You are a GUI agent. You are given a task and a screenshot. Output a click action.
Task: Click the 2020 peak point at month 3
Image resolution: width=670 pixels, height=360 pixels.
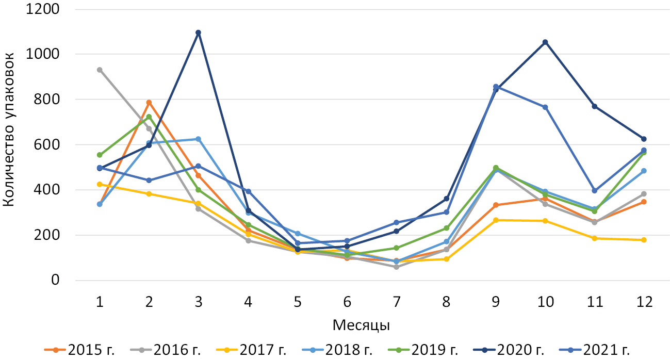pyautogui.click(x=198, y=32)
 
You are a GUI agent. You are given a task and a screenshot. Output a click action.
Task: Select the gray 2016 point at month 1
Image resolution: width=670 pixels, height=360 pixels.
pyautogui.click(x=100, y=70)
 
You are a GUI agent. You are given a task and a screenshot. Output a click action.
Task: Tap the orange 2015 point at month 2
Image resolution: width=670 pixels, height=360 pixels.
pyautogui.click(x=149, y=103)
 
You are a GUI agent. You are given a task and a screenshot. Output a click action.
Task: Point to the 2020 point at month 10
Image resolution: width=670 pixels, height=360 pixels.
pyautogui.click(x=545, y=42)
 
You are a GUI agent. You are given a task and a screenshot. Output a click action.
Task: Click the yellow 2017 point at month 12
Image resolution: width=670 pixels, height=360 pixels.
pyautogui.click(x=644, y=240)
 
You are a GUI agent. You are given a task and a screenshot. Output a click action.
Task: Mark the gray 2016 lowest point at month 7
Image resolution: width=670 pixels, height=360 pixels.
pyautogui.click(x=396, y=267)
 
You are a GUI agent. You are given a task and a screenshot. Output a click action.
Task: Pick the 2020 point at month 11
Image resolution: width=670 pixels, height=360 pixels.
pyautogui.click(x=594, y=106)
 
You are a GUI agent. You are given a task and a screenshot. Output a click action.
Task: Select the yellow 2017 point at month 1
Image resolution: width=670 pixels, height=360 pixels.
pyautogui.click(x=100, y=184)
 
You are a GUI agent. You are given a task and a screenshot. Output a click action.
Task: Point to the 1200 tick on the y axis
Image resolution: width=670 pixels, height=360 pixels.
pyautogui.click(x=44, y=9)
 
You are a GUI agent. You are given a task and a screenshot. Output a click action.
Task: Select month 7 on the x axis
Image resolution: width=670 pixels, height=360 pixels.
pyautogui.click(x=396, y=302)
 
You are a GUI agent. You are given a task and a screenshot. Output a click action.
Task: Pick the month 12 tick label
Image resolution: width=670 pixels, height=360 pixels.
pyautogui.click(x=644, y=302)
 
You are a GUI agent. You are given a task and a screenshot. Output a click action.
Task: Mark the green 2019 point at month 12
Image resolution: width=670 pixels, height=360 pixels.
pyautogui.click(x=644, y=153)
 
